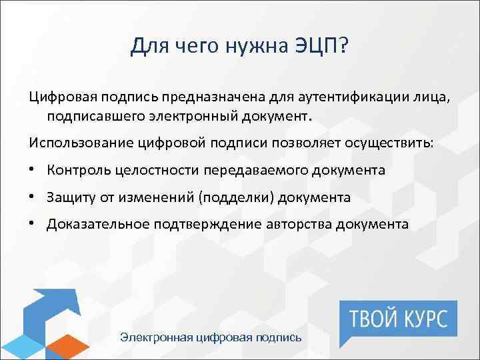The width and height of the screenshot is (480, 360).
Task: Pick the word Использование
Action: (74, 143)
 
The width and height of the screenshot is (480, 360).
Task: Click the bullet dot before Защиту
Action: (33, 198)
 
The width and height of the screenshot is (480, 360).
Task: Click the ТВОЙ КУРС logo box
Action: (399, 317)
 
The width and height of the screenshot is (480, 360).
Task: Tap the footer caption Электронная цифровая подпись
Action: (211, 337)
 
